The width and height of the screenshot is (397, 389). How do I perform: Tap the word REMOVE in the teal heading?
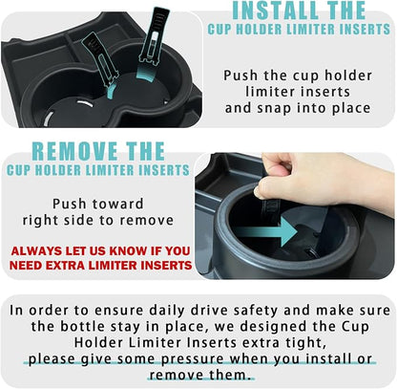74,151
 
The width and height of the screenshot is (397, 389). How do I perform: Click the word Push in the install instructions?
240,76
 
